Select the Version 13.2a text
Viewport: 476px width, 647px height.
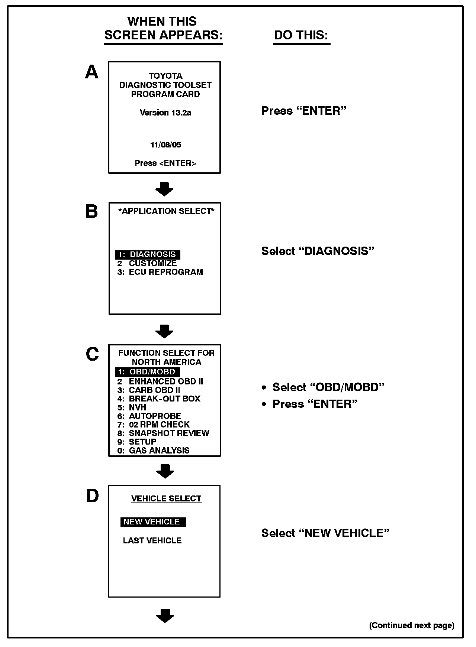point(165,113)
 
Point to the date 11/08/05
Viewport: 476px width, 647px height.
point(165,145)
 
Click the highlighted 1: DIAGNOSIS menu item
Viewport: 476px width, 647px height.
point(148,254)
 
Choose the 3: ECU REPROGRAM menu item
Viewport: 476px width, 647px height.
point(160,272)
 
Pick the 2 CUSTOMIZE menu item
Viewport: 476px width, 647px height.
point(147,263)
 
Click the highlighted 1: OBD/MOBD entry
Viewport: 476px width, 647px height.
point(147,372)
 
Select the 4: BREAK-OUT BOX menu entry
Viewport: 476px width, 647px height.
point(159,399)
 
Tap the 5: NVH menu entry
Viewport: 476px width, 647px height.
point(132,407)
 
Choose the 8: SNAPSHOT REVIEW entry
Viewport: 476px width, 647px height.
point(163,433)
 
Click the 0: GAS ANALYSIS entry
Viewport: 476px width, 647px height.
point(154,451)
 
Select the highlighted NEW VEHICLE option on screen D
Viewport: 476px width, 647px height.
point(153,522)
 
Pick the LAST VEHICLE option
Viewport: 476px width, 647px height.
point(152,540)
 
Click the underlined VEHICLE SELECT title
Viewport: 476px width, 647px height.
point(166,498)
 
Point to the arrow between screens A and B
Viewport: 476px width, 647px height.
point(164,189)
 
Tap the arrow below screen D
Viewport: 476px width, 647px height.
point(165,616)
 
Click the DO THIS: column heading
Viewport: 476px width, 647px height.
point(301,35)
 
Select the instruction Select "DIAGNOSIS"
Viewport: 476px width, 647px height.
point(317,251)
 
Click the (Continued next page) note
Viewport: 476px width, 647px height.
point(412,625)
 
